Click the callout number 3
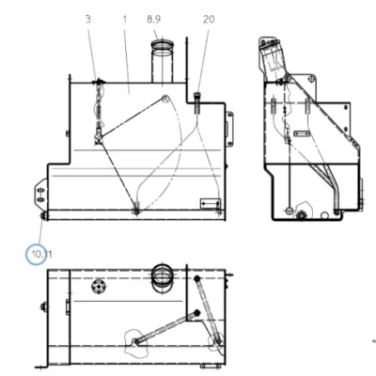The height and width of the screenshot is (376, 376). (88, 20)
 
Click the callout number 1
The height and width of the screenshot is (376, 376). (125, 20)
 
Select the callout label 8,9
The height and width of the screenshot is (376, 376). (153, 20)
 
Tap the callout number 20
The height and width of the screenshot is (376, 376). (209, 20)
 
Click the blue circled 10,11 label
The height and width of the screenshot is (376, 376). (37, 255)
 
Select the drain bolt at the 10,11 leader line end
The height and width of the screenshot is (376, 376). (43, 216)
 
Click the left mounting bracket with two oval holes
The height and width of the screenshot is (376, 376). (41, 195)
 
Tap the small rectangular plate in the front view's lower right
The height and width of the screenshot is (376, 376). (211, 204)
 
